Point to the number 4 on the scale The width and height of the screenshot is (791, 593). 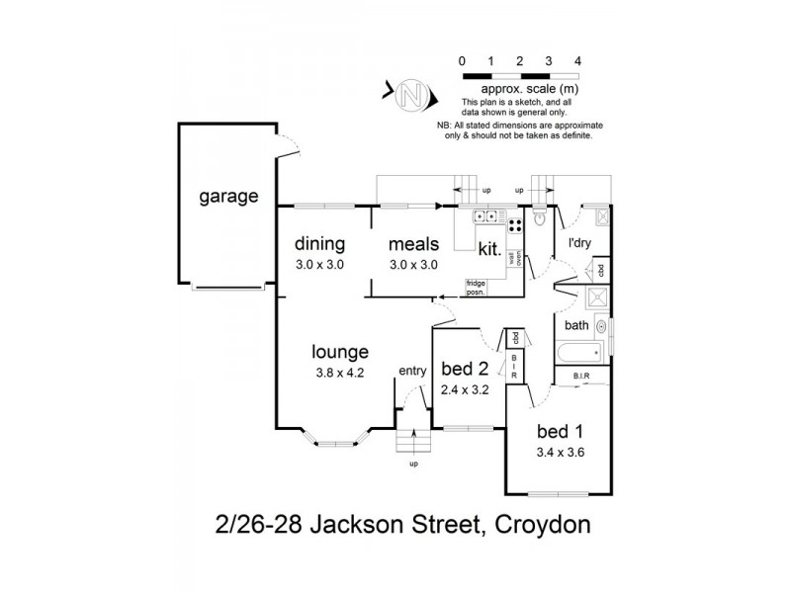click(x=577, y=60)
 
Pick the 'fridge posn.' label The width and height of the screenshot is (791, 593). click(x=480, y=288)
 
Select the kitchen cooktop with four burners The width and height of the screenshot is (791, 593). click(x=486, y=215)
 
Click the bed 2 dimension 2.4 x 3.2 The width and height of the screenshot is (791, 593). click(x=464, y=389)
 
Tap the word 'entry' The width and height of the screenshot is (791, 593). click(x=411, y=371)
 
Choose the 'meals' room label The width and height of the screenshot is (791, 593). click(x=413, y=243)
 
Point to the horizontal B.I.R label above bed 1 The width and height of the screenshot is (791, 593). click(x=581, y=377)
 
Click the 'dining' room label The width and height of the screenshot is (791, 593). click(x=319, y=243)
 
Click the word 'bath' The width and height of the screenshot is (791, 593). click(x=576, y=324)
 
